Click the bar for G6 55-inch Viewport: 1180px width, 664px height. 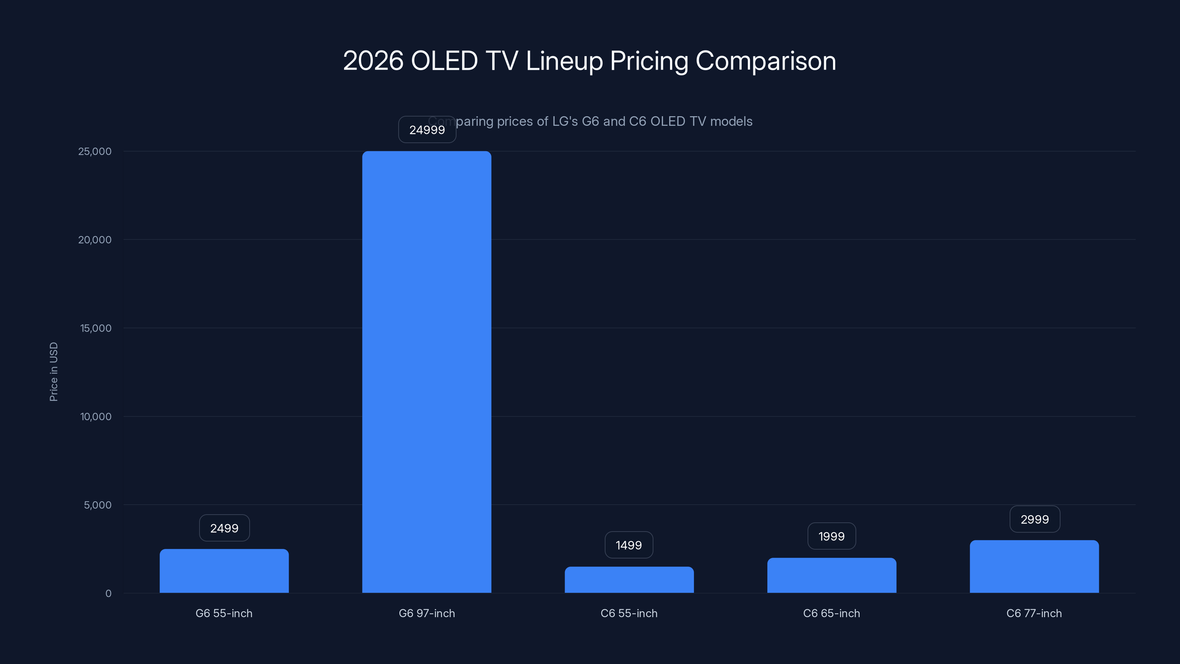[x=224, y=571]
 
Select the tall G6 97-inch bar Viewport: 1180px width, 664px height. [x=427, y=371]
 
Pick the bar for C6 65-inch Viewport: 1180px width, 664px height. [x=832, y=575]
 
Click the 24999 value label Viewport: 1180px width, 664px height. [x=427, y=130]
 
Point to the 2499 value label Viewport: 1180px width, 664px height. [x=224, y=528]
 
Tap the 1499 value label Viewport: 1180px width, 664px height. [x=628, y=545]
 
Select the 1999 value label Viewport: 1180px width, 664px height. [x=832, y=536]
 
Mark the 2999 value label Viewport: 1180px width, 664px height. [x=1034, y=519]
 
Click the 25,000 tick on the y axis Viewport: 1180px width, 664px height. [x=95, y=152]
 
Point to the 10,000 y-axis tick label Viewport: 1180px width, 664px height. [x=96, y=416]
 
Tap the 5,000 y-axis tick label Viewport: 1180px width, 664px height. [x=98, y=505]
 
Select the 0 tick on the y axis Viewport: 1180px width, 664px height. [x=108, y=594]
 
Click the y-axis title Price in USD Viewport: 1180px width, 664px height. [x=53, y=371]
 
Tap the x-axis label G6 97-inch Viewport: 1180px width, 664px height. [x=427, y=613]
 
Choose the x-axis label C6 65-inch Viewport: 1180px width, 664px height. [x=832, y=613]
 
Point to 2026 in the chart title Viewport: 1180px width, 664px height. [x=373, y=61]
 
